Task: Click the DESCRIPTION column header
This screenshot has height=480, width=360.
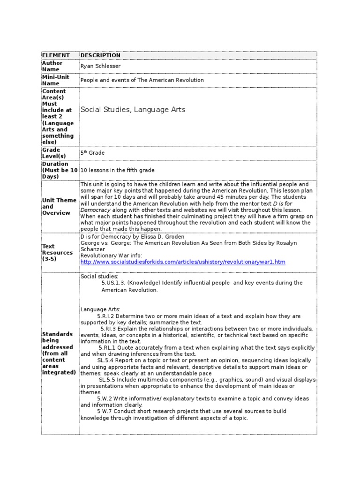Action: [x=100, y=55]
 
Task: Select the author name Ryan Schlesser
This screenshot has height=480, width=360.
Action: [x=100, y=67]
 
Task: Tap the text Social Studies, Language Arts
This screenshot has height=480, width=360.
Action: [x=133, y=110]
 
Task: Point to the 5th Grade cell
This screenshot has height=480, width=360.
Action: [x=92, y=153]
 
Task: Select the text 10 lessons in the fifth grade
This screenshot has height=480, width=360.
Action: [x=117, y=170]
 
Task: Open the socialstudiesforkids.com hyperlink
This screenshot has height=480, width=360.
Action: [x=183, y=262]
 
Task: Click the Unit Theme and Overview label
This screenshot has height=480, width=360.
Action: [x=59, y=207]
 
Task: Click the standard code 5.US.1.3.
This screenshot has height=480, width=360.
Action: [x=113, y=283]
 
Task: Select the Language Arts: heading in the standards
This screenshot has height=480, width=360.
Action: [x=100, y=309]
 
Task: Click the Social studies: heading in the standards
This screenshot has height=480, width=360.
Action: [x=99, y=277]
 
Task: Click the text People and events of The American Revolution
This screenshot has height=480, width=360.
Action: [x=142, y=80]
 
